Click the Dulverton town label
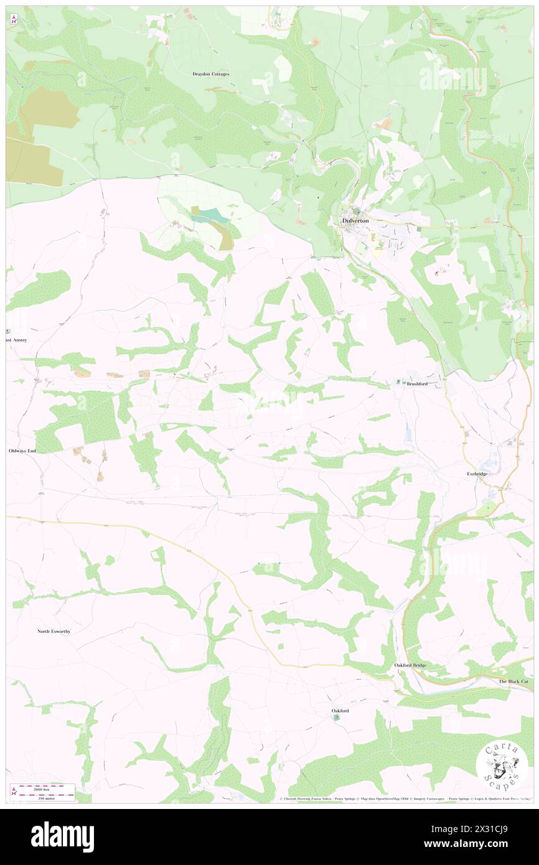[x=355, y=221]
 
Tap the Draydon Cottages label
[x=210, y=74]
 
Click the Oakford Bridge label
[x=410, y=665]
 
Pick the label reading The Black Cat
[x=513, y=681]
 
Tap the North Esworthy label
[x=54, y=631]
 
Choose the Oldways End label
[x=23, y=450]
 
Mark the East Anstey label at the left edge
[x=17, y=340]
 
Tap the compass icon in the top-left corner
[x=14, y=20]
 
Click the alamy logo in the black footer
[x=62, y=836]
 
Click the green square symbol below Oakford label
[x=337, y=718]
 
